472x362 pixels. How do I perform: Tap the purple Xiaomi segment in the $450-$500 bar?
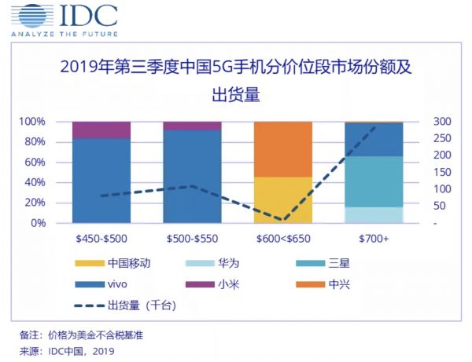[101, 130]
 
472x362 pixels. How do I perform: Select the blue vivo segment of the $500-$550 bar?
[192, 176]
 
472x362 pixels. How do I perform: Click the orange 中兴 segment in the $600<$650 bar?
[283, 149]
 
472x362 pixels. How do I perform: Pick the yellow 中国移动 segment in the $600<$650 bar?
[283, 199]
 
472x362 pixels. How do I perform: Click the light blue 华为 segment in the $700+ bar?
[374, 214]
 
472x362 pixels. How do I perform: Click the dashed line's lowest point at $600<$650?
[283, 221]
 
